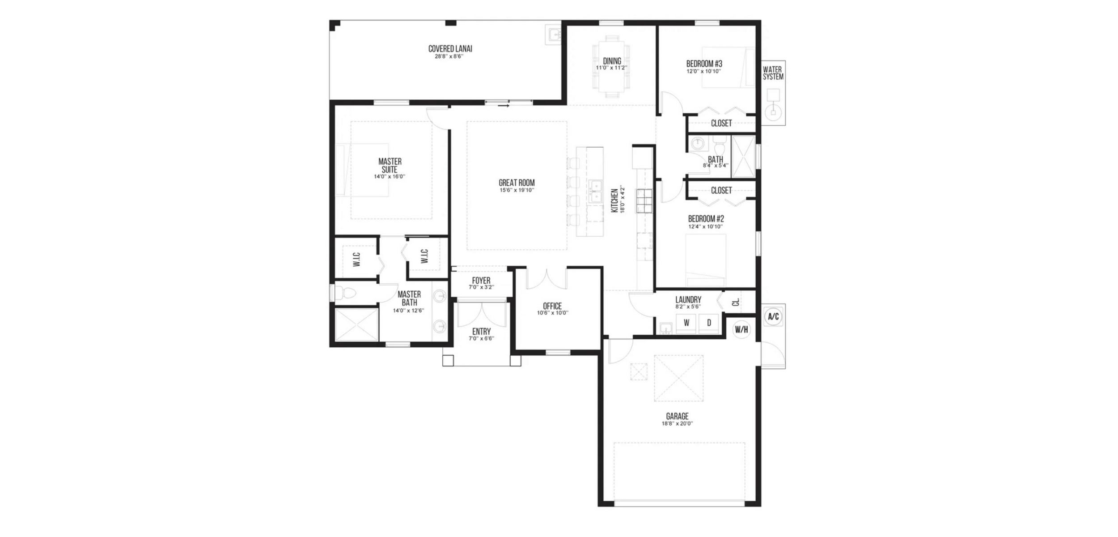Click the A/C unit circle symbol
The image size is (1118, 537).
coord(773,317)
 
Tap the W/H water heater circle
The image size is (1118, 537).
coord(741,330)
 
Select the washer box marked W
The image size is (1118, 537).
coord(686,323)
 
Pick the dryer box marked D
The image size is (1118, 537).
coord(709,323)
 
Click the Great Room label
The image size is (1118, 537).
coord(517,183)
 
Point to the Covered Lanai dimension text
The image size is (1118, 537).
coord(449,56)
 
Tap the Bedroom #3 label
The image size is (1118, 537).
coord(704,64)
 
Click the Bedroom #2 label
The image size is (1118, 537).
coord(706,219)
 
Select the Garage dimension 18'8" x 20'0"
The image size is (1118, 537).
coord(677,423)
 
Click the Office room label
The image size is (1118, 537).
coord(552,306)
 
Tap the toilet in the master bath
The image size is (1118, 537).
coord(345,293)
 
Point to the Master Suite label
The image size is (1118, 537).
coord(390,166)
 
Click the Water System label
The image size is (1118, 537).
coord(773,73)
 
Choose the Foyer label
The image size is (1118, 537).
coord(481,281)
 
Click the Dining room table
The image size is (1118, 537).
coord(612,66)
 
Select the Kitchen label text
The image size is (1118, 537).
coord(614,200)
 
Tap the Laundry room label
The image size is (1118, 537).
coord(688,299)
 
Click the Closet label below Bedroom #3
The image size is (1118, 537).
coord(721,123)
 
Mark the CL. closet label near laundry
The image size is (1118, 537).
coord(736,303)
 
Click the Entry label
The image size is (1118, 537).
coord(481,332)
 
